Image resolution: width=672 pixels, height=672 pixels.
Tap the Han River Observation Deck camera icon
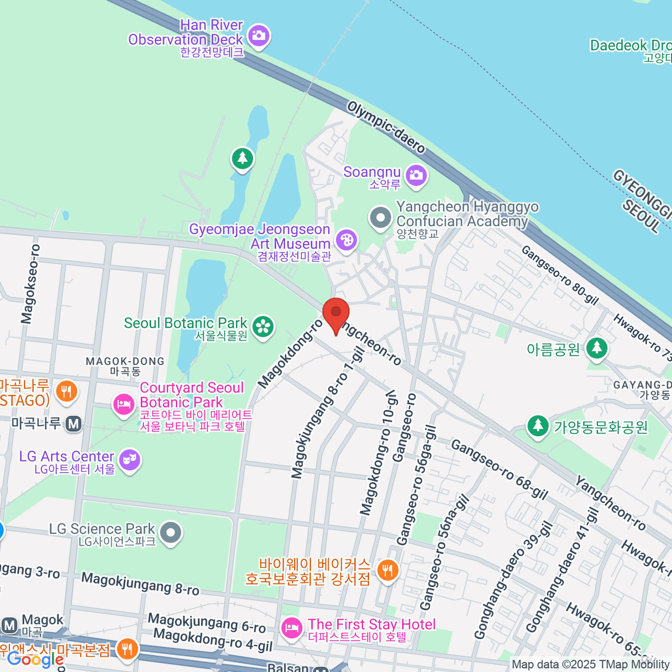tap(258, 36)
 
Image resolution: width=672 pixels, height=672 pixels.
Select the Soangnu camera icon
tap(416, 175)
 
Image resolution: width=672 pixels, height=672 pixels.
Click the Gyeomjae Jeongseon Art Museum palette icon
tap(346, 241)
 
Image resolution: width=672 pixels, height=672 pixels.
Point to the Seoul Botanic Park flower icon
tap(263, 327)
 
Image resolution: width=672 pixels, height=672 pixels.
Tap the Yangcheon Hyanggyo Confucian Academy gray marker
tap(381, 217)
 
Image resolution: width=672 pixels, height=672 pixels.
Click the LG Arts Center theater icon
tap(130, 460)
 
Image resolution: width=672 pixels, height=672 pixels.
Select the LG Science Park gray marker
tap(171, 533)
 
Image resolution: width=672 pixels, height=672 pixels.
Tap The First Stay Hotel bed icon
tap(291, 628)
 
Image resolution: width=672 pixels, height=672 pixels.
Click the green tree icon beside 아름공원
tap(596, 348)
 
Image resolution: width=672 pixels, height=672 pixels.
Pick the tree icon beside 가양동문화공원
tap(538, 426)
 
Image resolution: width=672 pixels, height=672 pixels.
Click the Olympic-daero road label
tap(386, 127)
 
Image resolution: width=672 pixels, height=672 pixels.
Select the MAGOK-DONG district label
tap(125, 362)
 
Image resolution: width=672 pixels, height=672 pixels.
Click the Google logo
tap(35, 660)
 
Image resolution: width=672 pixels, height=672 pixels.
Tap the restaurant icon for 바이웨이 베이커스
tap(387, 570)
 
